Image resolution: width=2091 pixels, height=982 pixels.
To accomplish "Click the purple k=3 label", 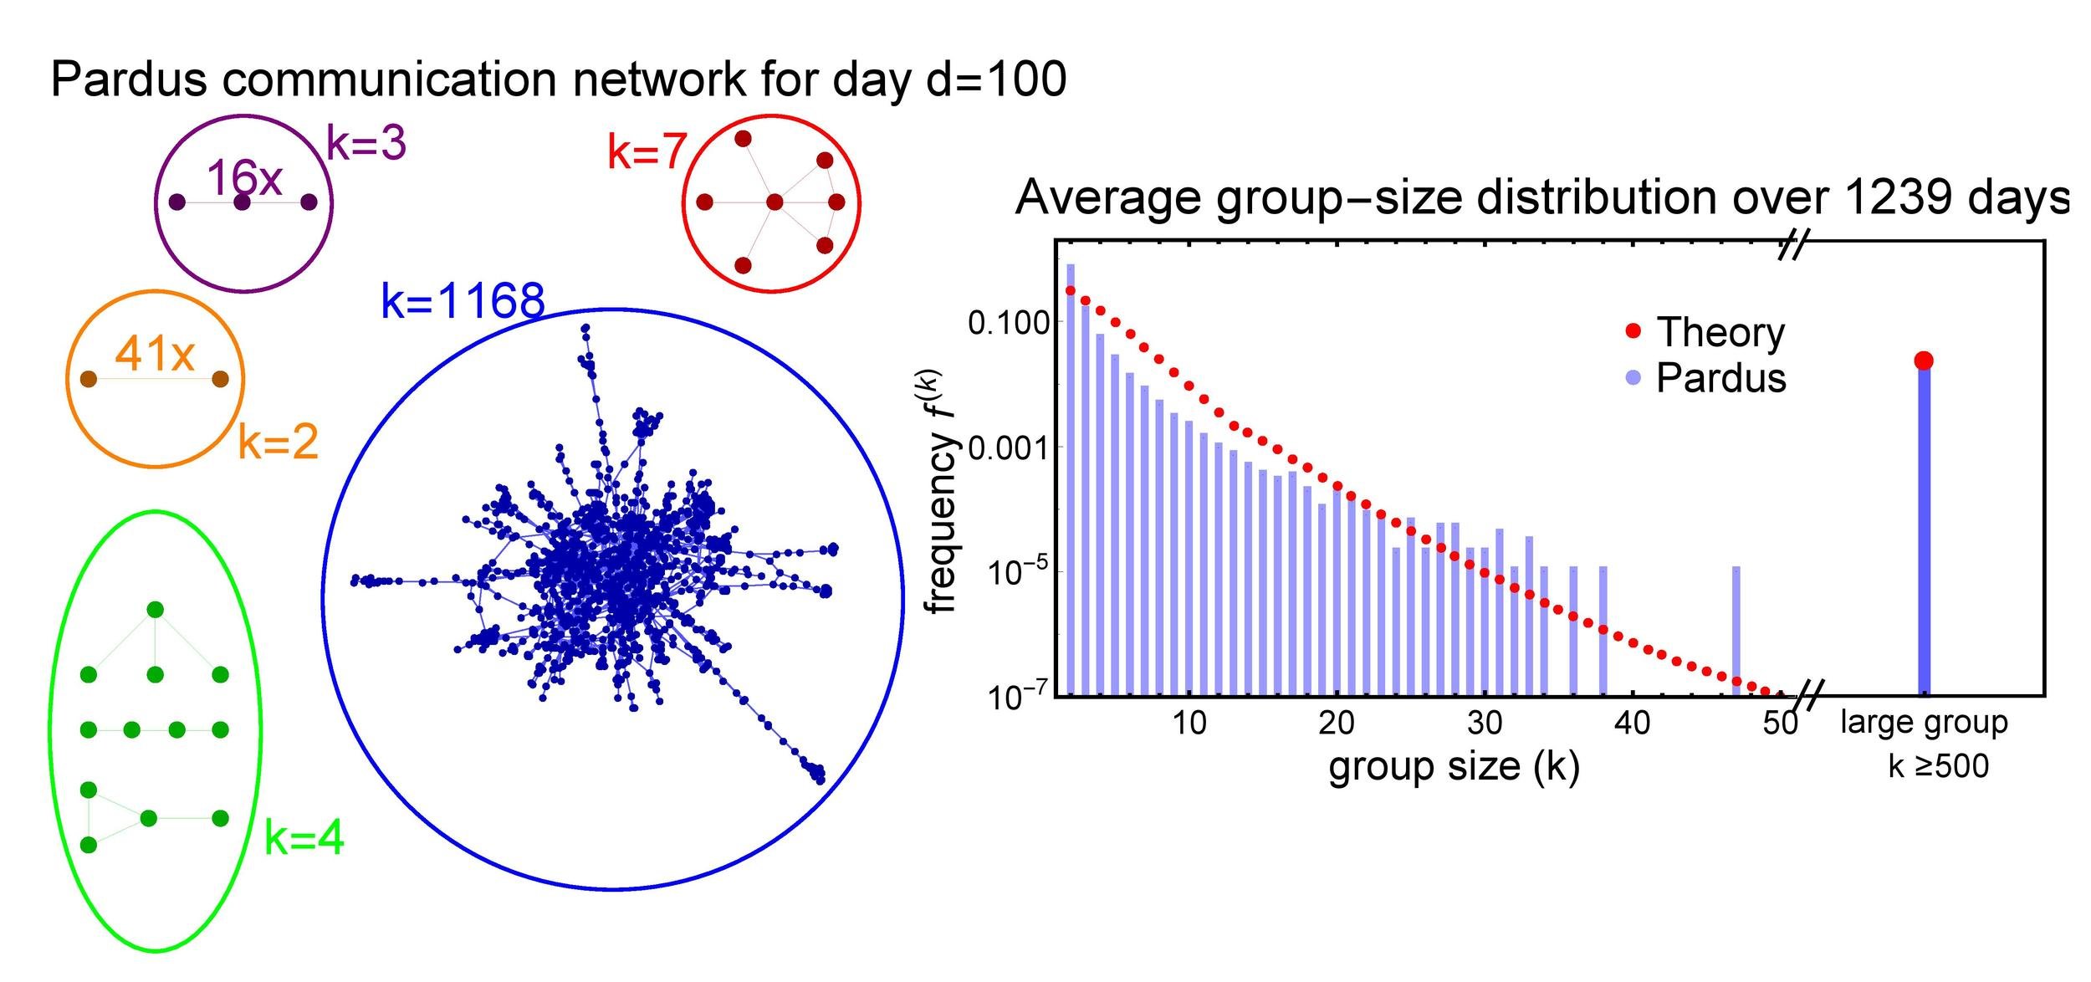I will click(366, 143).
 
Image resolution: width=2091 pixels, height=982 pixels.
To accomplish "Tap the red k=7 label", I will click(646, 152).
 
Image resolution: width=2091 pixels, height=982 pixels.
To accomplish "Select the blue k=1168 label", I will click(463, 300).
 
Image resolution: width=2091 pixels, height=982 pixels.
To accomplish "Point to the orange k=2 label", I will click(279, 442).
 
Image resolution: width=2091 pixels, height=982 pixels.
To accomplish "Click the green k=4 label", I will click(304, 837).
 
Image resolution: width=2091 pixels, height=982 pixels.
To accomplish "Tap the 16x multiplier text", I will click(244, 177).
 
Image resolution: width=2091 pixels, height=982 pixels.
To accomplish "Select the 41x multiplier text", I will click(155, 354).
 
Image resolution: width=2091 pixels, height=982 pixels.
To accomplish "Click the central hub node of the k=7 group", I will click(775, 202).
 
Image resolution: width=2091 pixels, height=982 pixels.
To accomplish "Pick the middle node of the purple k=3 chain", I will click(243, 202).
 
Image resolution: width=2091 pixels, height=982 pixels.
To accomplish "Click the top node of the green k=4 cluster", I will click(155, 610).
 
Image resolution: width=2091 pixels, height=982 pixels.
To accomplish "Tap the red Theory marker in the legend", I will click(1633, 332).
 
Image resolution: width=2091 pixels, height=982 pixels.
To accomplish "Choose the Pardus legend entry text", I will click(1720, 378).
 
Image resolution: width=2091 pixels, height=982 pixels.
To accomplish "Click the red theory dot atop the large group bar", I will click(1924, 361).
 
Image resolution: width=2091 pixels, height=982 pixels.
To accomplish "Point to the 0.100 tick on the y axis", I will click(1008, 323).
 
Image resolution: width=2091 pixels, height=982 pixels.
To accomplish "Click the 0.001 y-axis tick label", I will click(1008, 448).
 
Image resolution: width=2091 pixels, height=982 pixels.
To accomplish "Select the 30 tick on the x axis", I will click(1485, 723).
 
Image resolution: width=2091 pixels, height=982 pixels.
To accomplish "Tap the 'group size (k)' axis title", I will click(1454, 768).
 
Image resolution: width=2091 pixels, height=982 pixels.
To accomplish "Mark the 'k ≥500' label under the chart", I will click(1939, 766).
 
